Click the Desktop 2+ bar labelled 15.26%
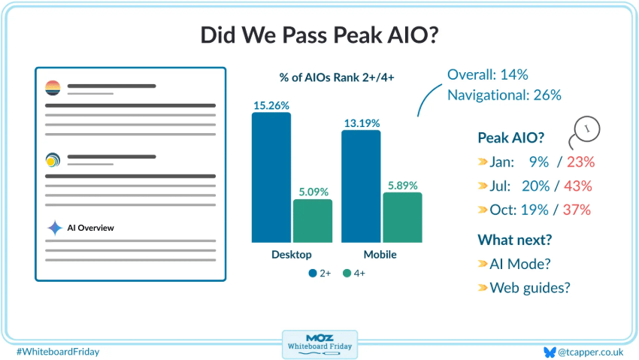click(271, 177)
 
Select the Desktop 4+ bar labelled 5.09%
click(312, 221)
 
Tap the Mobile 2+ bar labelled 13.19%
click(361, 186)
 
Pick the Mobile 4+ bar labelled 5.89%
click(402, 217)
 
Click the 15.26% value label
click(271, 106)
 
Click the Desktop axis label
click(292, 255)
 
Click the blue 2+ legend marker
click(312, 273)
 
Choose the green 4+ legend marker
click(347, 273)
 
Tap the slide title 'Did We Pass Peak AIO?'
click(319, 35)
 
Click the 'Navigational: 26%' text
click(504, 95)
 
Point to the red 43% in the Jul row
click(580, 186)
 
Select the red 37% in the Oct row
click(580, 210)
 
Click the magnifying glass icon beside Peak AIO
click(586, 130)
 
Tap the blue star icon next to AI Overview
click(54, 228)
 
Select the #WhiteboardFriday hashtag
click(57, 351)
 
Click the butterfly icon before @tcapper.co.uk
click(549, 351)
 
